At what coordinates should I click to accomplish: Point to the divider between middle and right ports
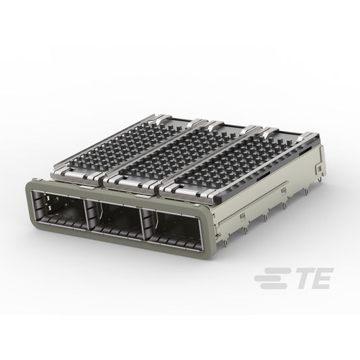pos(143,224)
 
